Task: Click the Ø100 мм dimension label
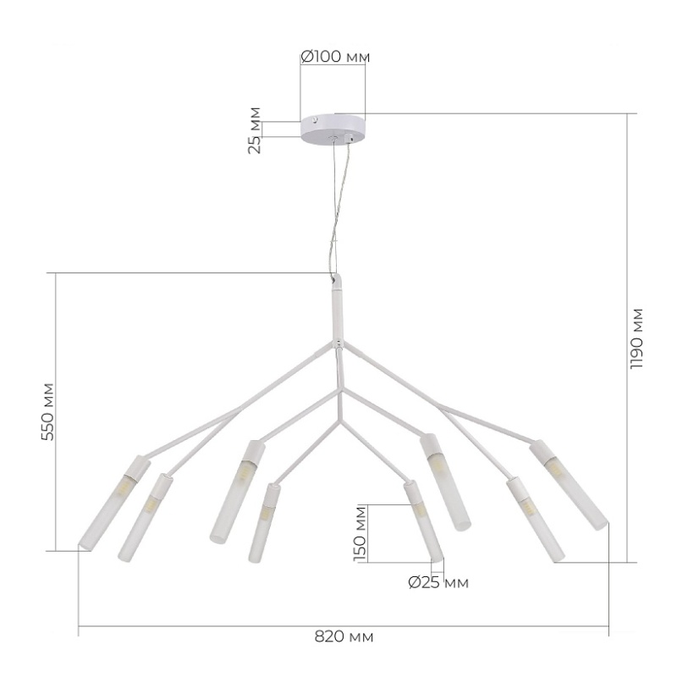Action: click(x=335, y=56)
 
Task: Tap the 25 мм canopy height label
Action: click(x=256, y=130)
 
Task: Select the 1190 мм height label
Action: click(x=636, y=339)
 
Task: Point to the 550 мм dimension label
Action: click(x=47, y=412)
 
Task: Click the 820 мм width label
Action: click(x=344, y=637)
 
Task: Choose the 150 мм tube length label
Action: click(x=361, y=534)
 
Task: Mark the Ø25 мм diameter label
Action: click(x=438, y=583)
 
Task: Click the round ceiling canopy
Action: click(x=333, y=130)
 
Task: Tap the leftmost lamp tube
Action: click(x=114, y=503)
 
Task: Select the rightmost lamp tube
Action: click(x=569, y=485)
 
